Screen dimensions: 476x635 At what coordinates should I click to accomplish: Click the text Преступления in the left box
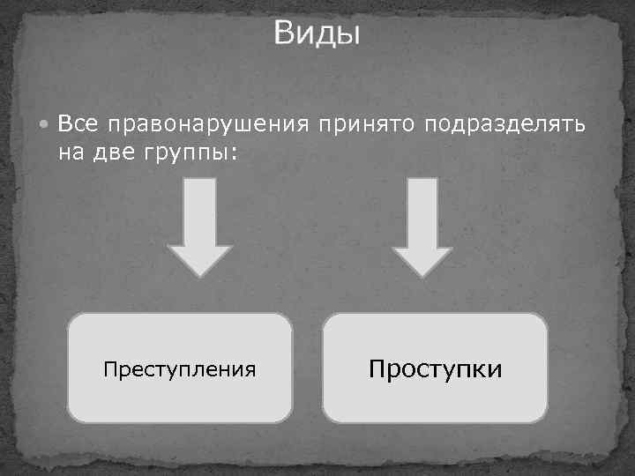180,368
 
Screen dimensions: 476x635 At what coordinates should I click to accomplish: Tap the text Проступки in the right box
436,368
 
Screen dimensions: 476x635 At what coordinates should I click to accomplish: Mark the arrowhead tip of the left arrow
200,275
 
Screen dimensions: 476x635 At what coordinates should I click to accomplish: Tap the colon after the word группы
234,153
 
